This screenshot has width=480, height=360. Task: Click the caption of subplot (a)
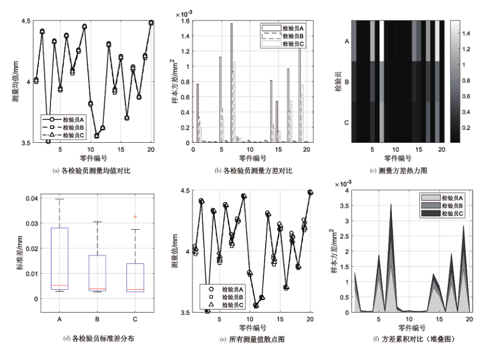[92, 170]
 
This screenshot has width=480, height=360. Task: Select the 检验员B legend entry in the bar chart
[283, 36]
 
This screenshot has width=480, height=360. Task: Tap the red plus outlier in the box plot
[135, 217]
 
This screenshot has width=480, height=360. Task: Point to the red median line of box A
[59, 286]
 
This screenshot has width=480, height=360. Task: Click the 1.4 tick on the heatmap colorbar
[466, 34]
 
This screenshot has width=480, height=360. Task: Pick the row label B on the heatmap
[347, 82]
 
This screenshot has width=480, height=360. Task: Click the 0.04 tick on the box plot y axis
[32, 199]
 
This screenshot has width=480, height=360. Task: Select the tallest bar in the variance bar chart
[232, 83]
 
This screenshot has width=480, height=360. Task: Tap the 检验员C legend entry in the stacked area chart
[442, 214]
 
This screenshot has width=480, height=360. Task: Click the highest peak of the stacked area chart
[391, 204]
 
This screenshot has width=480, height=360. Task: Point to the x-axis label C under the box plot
[135, 319]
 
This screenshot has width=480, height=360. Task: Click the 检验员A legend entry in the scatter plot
[226, 289]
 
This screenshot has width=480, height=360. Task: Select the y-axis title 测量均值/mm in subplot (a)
[16, 81]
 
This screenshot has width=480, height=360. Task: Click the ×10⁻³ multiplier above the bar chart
[184, 14]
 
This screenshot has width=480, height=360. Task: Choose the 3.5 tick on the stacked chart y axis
[344, 206]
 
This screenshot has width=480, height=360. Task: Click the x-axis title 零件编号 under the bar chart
[253, 158]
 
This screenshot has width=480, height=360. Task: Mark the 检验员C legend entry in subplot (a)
[63, 135]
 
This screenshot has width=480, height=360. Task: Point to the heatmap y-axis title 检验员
[338, 82]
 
